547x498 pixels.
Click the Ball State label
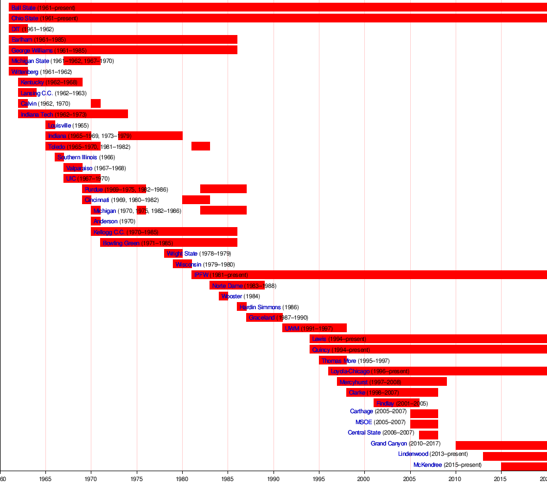click(24, 8)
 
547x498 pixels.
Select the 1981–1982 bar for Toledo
click(200, 146)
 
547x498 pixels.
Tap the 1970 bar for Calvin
click(96, 103)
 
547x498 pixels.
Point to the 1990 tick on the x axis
click(273, 471)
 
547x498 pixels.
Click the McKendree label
click(428, 465)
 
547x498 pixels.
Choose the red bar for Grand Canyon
click(501, 445)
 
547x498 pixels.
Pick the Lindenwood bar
click(514, 456)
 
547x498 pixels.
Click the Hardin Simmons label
click(260, 307)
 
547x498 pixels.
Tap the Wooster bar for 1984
click(223, 296)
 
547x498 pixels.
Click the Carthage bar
click(424, 413)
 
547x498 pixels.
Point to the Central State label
click(364, 433)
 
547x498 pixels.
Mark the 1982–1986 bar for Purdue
click(223, 189)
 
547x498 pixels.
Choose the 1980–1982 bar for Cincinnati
click(196, 200)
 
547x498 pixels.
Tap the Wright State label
click(182, 253)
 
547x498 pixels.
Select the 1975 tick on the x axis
click(137, 471)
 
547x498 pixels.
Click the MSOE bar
click(424, 424)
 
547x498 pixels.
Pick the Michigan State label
click(30, 61)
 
